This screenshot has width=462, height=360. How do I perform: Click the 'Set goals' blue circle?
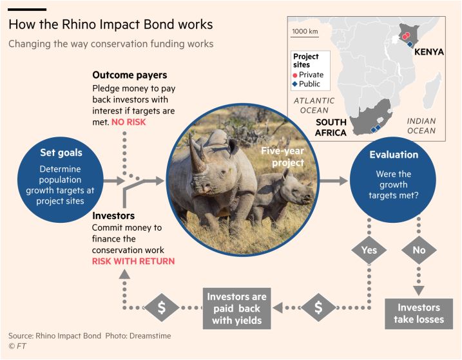(x=61, y=180)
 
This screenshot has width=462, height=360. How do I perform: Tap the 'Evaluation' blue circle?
(x=393, y=180)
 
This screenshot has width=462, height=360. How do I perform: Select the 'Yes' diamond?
(x=369, y=250)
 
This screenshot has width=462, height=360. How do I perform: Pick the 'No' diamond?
(x=419, y=250)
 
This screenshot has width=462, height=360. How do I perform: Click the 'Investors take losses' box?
(x=419, y=314)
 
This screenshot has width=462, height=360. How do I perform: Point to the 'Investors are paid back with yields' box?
(x=237, y=308)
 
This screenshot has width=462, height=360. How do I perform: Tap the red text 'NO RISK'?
(x=128, y=122)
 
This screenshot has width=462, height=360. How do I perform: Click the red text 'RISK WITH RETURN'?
(x=133, y=261)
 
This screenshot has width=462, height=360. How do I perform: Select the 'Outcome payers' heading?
(x=130, y=75)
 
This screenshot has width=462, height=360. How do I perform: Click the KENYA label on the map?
(x=429, y=52)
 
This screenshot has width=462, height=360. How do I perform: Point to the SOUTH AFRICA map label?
(x=331, y=128)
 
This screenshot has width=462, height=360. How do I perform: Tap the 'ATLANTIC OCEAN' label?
(x=314, y=106)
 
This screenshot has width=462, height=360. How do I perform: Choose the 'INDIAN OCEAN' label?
(x=421, y=126)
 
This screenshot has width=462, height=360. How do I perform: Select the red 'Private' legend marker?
(x=295, y=75)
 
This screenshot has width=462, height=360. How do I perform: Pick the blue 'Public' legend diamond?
(x=294, y=84)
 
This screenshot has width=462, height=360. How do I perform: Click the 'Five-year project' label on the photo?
(x=283, y=156)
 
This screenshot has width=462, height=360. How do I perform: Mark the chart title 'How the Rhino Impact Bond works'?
(x=111, y=24)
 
